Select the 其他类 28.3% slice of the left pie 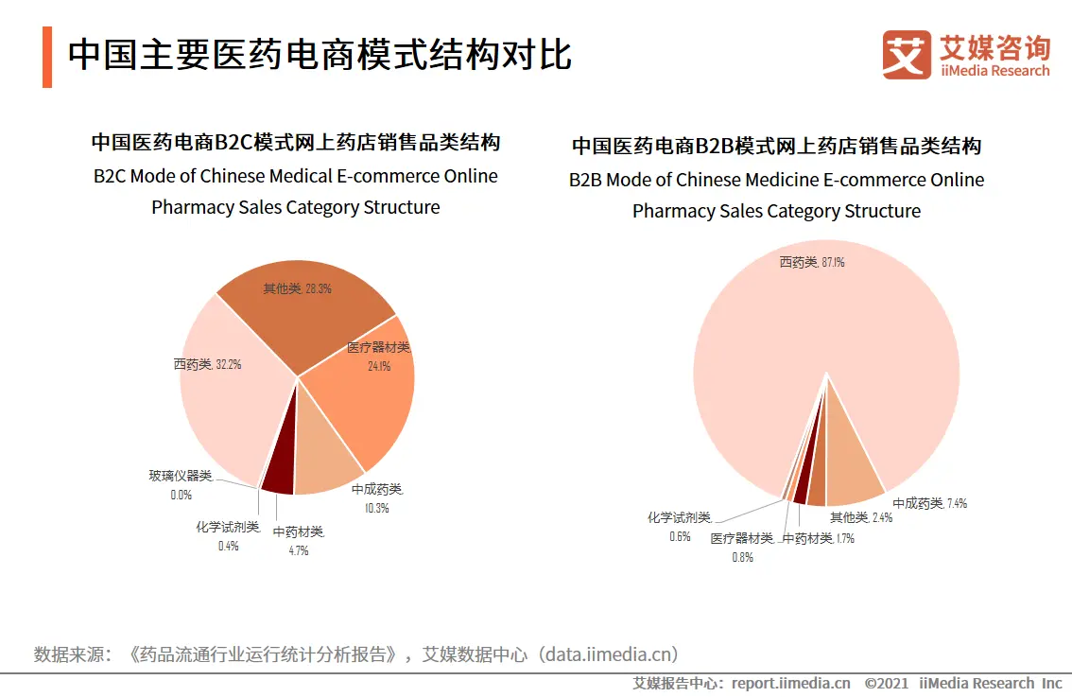tap(303, 312)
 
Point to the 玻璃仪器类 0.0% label tap(181, 476)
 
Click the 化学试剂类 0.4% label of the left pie tap(228, 527)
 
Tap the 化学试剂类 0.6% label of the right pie tap(679, 518)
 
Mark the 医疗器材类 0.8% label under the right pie tap(742, 539)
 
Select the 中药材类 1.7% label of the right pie tap(819, 539)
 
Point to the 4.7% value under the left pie tap(299, 550)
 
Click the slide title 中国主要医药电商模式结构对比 tap(320, 56)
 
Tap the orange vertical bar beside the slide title tap(47, 57)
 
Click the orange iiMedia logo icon tap(907, 55)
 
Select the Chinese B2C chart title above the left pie tap(295, 143)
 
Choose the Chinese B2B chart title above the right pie tap(776, 147)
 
